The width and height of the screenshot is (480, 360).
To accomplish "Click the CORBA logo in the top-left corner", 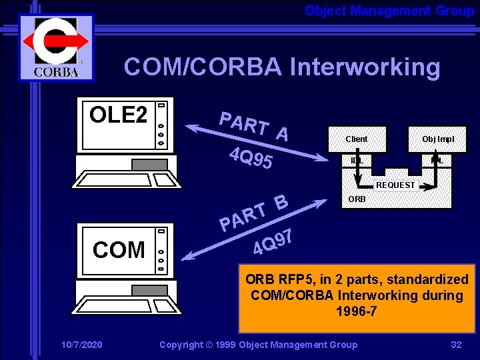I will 56,47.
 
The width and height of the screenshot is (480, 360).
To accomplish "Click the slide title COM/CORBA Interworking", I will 281,67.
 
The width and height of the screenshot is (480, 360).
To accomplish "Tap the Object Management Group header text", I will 389,11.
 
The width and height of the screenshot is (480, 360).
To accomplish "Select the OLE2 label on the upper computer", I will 118,115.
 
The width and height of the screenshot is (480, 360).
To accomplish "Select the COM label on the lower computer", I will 119,249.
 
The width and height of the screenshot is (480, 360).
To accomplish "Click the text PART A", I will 254,127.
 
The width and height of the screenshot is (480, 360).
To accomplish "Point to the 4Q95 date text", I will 249,157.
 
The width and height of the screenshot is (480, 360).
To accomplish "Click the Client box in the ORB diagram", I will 357,139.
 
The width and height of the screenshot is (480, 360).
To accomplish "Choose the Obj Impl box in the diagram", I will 437,139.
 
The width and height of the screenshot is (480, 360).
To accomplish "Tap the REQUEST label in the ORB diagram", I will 395,185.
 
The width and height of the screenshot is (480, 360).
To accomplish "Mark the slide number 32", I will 456,345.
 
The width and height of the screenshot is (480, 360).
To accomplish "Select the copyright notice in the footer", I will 258,345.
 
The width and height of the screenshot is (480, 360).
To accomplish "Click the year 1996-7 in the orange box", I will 356,311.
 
